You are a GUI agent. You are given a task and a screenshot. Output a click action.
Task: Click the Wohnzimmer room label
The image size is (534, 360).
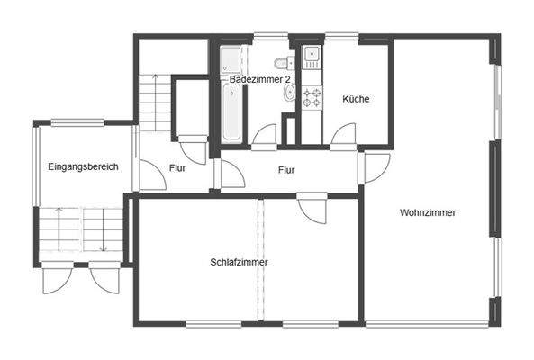tap(428, 213)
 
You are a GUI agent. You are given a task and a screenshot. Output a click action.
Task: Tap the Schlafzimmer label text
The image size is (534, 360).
tap(239, 262)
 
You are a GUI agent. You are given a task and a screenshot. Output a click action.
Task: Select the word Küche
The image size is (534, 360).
tap(355, 99)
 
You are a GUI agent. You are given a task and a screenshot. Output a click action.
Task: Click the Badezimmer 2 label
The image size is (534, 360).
tap(259, 80)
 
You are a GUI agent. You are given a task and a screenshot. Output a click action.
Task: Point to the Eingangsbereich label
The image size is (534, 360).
tap(83, 166)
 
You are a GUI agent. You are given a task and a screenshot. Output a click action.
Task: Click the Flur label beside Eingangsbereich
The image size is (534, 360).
tap(177, 168)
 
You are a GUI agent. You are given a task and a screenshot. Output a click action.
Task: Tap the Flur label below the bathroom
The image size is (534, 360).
tap(286, 169)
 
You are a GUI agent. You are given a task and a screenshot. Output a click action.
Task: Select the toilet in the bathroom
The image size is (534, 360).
tap(284, 64)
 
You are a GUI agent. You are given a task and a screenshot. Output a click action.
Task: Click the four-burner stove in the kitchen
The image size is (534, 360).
tap(312, 98)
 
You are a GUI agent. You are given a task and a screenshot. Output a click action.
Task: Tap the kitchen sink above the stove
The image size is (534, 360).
tap(312, 58)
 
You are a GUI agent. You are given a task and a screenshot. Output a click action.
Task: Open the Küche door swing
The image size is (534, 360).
tap(342, 134)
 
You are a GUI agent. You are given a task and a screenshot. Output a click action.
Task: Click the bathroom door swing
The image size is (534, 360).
tap(264, 135)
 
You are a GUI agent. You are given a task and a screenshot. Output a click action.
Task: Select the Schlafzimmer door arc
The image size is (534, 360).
tap(312, 209)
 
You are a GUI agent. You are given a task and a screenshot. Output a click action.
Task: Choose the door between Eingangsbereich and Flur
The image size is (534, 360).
tap(149, 175)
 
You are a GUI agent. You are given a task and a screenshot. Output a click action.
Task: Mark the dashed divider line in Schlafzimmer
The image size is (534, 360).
tap(262, 261)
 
